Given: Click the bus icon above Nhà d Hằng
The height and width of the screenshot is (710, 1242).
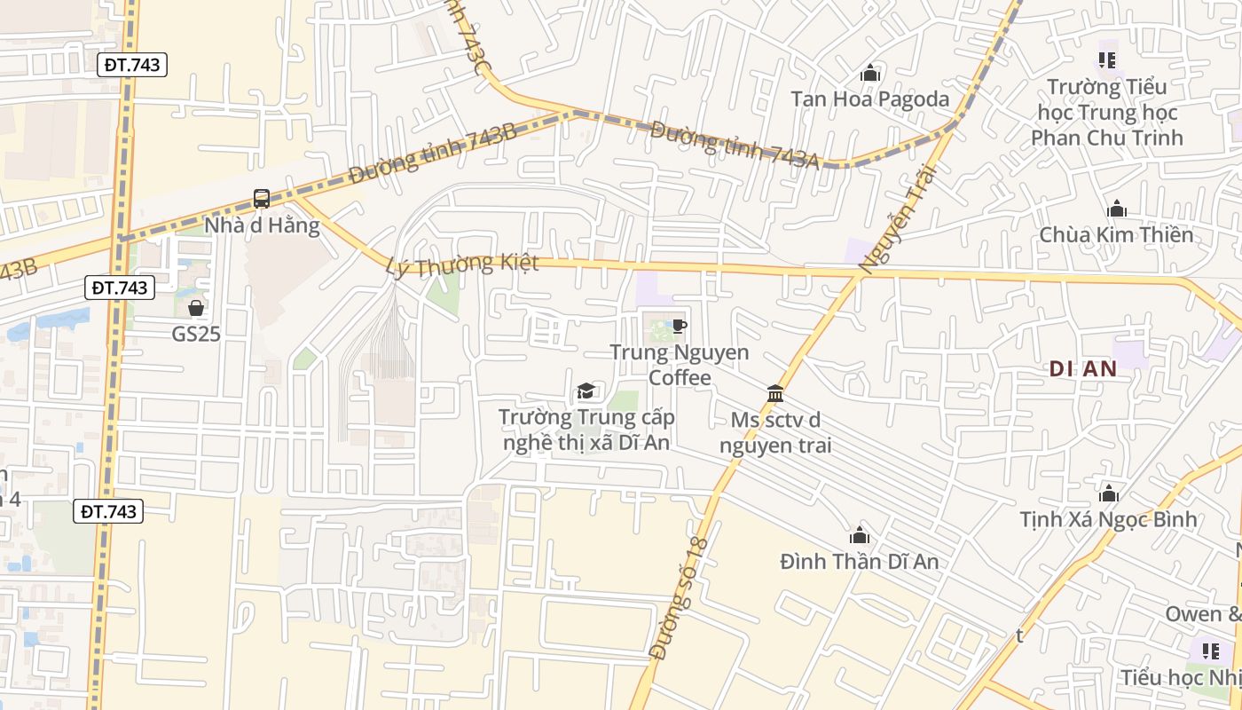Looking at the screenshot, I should tap(262, 199).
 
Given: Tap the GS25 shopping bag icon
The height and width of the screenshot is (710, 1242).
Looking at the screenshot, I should tap(196, 308).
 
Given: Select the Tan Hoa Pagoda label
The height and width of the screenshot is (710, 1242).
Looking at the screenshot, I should tap(869, 99).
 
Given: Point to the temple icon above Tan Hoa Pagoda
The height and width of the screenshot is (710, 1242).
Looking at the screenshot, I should tap(870, 73).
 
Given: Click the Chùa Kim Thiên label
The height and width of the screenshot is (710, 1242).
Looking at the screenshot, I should tap(1116, 235).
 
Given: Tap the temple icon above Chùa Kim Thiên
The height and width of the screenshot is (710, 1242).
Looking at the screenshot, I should tap(1117, 209).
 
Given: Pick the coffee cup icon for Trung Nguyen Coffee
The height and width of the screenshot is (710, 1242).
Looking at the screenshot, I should tap(679, 327).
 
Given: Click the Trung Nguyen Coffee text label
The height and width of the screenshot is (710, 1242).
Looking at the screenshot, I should tap(680, 365).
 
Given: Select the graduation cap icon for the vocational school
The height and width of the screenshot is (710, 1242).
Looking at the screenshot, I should tap(586, 391).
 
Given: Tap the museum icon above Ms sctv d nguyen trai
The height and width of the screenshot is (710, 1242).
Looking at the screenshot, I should tap(775, 393).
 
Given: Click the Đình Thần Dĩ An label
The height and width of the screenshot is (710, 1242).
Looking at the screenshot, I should tap(859, 562).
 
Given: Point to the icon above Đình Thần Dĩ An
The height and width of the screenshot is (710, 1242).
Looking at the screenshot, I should tap(859, 536).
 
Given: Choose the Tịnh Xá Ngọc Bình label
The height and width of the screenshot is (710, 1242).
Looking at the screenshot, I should tap(1108, 519).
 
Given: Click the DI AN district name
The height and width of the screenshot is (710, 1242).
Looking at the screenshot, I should tap(1082, 369).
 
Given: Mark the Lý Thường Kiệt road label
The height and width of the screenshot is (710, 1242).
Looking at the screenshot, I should tap(463, 265).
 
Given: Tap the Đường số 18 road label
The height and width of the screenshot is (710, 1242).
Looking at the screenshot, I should tap(680, 597).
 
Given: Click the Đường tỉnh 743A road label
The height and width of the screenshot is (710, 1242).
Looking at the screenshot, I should tap(734, 141).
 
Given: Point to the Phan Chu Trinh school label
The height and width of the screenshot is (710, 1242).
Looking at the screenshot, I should tap(1106, 112).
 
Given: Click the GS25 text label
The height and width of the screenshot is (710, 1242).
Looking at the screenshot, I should tap(196, 334).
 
